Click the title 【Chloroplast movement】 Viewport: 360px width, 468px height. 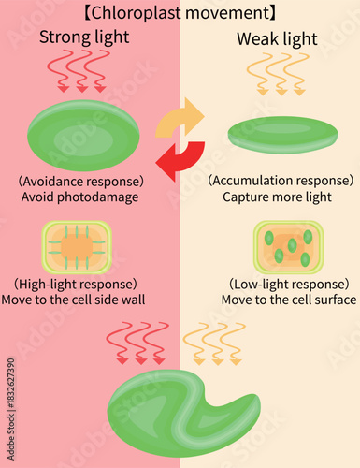180,13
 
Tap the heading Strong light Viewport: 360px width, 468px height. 85,37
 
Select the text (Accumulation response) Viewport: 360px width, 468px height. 281,181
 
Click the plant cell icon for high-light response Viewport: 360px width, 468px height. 77,246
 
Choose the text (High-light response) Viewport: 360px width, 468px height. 77,284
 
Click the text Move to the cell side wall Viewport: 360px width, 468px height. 77,300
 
